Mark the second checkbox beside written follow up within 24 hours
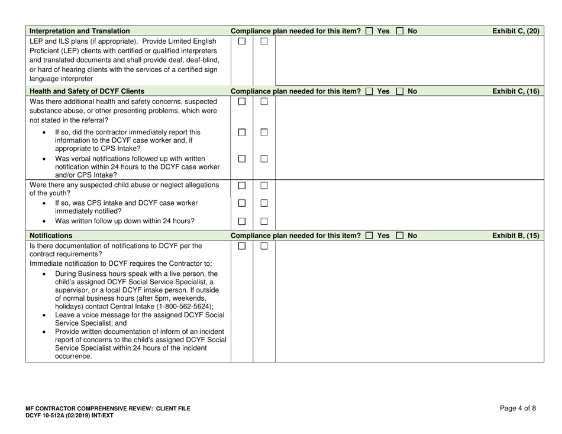(264, 221)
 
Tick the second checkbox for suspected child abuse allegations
(264, 187)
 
